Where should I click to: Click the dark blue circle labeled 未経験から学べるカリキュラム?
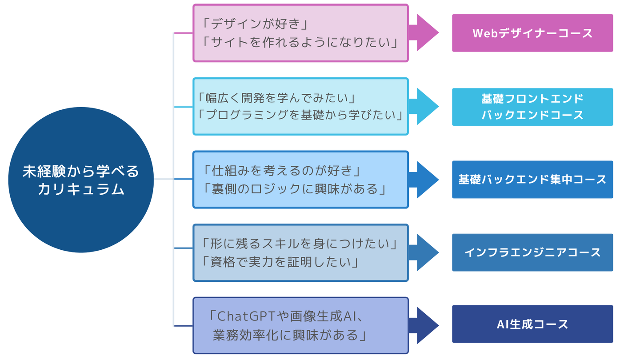click(x=81, y=180)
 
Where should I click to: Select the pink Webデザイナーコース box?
click(x=532, y=33)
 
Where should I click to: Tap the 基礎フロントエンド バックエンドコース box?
click(x=532, y=107)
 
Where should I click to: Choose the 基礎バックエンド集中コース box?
click(x=532, y=180)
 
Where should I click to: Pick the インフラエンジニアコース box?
click(x=532, y=252)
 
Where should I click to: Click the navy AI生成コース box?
click(x=532, y=324)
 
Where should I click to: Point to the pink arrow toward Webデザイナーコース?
click(x=424, y=32)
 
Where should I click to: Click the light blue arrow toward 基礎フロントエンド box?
click(x=424, y=106)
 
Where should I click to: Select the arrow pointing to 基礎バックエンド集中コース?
click(x=424, y=180)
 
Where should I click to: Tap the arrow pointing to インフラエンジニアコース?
click(x=424, y=252)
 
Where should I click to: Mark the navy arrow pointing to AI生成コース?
click(x=424, y=325)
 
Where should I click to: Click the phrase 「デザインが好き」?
click(x=255, y=24)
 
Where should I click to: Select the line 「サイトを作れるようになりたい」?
click(x=300, y=42)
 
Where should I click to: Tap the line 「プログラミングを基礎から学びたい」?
click(x=300, y=115)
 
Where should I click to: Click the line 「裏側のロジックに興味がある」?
click(x=295, y=188)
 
